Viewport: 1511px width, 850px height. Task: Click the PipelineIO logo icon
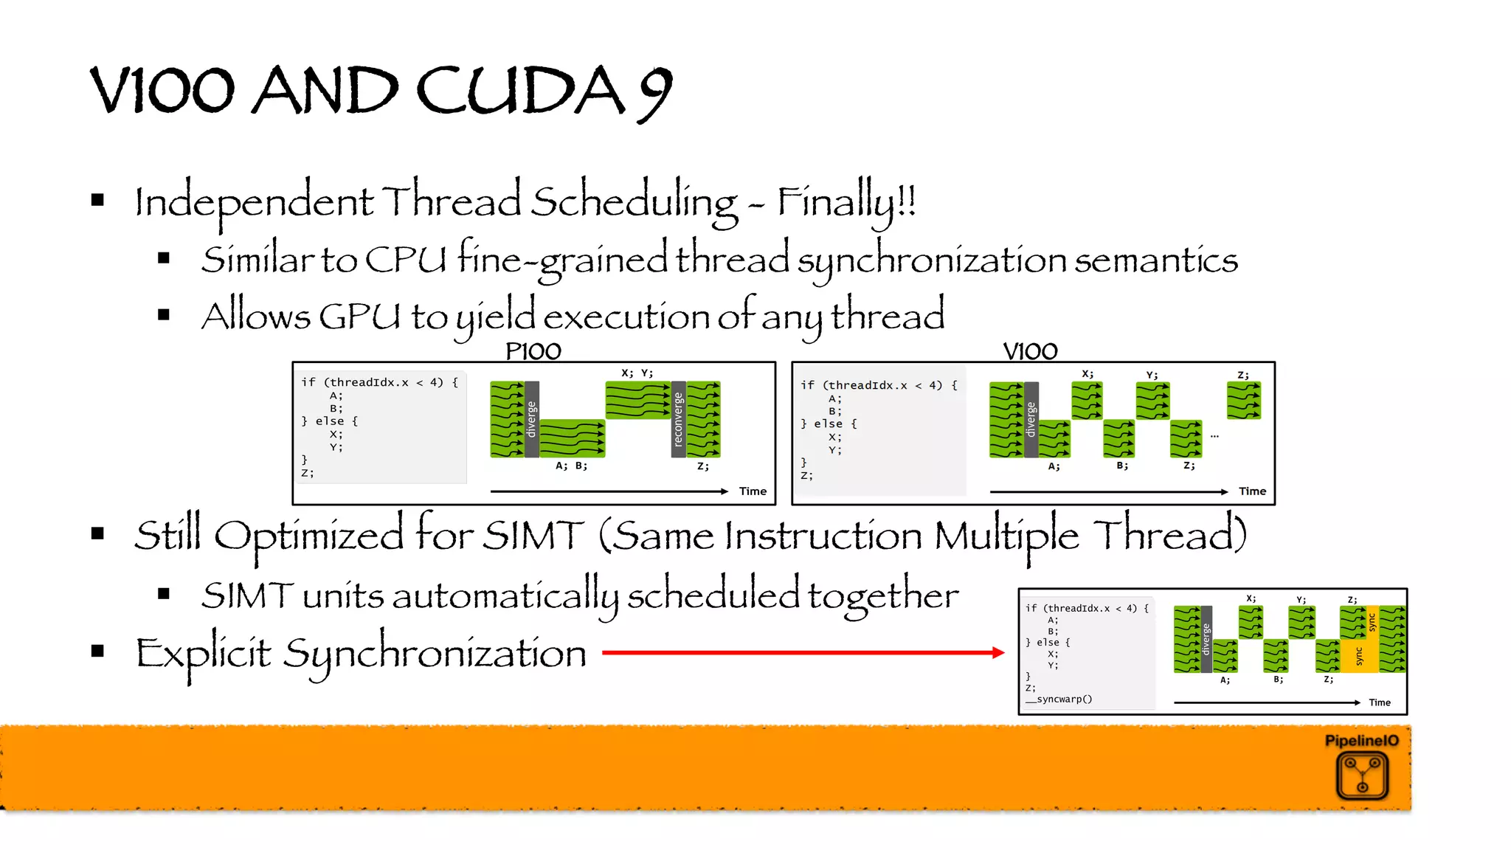click(x=1362, y=775)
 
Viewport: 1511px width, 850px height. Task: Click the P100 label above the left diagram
click(x=533, y=351)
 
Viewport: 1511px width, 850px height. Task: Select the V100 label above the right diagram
click(x=1030, y=351)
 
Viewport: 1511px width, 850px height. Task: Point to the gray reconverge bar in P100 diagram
click(x=678, y=419)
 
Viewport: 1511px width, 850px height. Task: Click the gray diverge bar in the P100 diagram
click(x=531, y=419)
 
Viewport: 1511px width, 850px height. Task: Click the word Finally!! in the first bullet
click(x=846, y=202)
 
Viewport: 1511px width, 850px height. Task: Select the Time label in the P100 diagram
click(x=753, y=491)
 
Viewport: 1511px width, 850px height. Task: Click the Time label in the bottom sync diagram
click(x=1379, y=702)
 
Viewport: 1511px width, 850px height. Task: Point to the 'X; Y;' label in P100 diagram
click(x=637, y=373)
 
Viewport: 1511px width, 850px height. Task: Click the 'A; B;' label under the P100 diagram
click(x=571, y=466)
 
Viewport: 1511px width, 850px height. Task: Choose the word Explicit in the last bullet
click(x=203, y=654)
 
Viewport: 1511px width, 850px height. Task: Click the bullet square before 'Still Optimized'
click(x=97, y=533)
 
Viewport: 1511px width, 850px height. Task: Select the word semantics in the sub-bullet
click(x=1155, y=260)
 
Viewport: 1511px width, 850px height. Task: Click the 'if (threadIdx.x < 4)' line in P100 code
click(x=379, y=382)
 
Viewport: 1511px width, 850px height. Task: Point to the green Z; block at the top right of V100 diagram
click(x=1244, y=401)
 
